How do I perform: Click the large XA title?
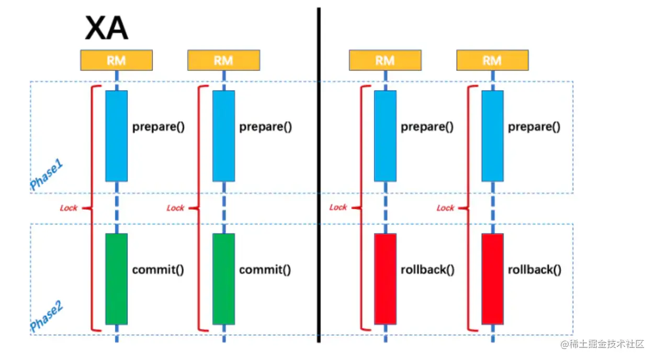106,28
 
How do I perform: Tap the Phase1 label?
47,175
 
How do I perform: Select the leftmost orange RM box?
116,60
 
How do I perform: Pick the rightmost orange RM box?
492,60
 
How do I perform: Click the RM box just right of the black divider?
385,60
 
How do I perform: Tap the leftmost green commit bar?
116,278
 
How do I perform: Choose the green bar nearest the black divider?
223,278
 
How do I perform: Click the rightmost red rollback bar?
492,278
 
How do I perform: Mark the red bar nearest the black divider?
385,278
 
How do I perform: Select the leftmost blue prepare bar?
116,136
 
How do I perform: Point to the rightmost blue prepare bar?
492,136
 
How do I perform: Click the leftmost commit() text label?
158,270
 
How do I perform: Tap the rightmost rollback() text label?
534,270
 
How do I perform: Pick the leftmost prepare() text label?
159,127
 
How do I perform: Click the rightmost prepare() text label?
534,127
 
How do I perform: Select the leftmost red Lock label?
69,208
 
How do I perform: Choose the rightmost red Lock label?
445,208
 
